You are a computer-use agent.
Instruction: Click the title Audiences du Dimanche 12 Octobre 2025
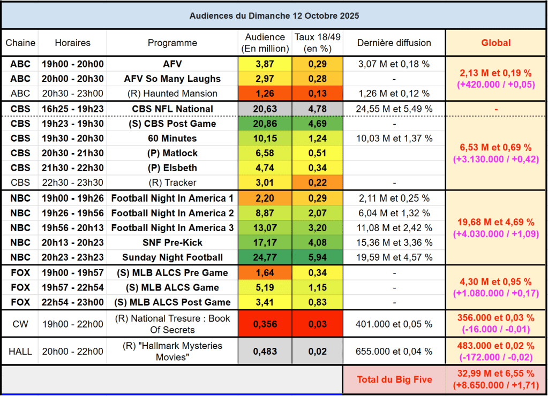(274, 16)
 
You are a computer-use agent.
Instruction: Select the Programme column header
(172, 43)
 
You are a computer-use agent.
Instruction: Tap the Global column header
(496, 43)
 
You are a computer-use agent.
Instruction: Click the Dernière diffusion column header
(394, 43)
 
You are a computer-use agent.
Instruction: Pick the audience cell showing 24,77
(265, 257)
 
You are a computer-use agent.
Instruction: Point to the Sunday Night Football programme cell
(172, 257)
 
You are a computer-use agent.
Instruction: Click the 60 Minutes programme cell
(172, 138)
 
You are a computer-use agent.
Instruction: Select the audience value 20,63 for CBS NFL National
(265, 109)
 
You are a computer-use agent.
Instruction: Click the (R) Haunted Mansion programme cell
(172, 93)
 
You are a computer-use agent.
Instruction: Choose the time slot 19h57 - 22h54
(72, 287)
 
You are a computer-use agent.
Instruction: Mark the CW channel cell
(20, 324)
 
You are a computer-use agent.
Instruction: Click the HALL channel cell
(20, 351)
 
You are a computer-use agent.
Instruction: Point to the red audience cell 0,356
(265, 324)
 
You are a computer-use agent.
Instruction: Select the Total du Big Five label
(394, 379)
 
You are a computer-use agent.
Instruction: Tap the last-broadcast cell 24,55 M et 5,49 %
(394, 109)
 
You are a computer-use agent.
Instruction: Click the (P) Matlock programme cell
(172, 153)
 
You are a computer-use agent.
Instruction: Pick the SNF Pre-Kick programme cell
(172, 242)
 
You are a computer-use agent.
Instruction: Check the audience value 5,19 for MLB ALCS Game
(265, 287)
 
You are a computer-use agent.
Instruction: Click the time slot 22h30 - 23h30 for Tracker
(72, 182)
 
